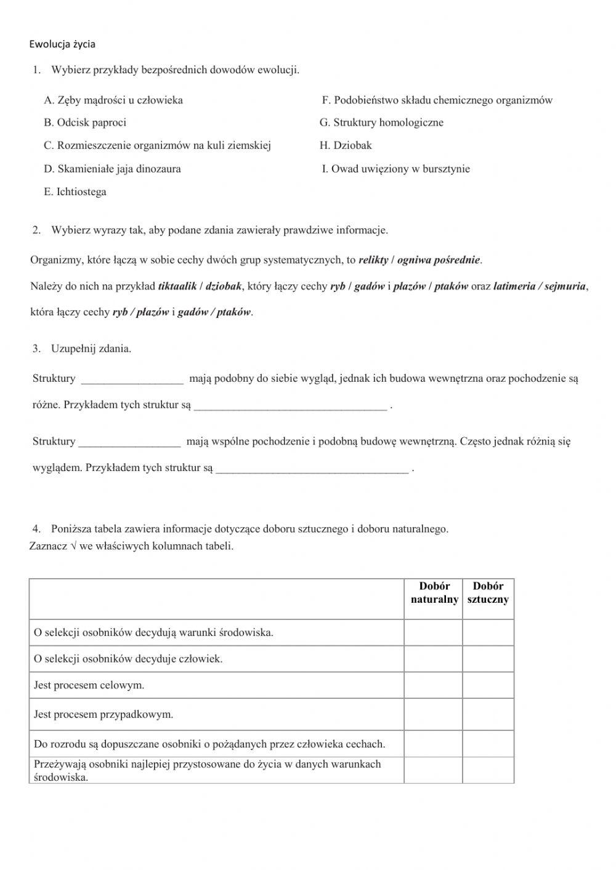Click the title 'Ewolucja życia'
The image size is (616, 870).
pyautogui.click(x=62, y=44)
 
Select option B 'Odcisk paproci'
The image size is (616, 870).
pyautogui.click(x=85, y=123)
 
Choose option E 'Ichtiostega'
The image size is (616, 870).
pyautogui.click(x=75, y=192)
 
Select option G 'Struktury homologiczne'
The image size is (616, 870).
pyautogui.click(x=381, y=123)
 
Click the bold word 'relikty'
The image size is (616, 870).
pyautogui.click(x=373, y=260)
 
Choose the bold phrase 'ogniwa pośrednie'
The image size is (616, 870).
pyautogui.click(x=438, y=260)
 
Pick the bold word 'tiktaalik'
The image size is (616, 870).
pyautogui.click(x=177, y=286)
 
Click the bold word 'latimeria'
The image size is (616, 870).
pyautogui.click(x=514, y=286)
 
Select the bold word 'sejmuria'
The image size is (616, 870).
pyautogui.click(x=565, y=286)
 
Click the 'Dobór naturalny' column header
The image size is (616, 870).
pyautogui.click(x=434, y=593)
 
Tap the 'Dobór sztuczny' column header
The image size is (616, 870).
pyautogui.click(x=488, y=593)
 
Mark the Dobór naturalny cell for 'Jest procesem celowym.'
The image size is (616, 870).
pyautogui.click(x=433, y=685)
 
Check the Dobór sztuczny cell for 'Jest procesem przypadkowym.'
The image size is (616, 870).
pyautogui.click(x=488, y=714)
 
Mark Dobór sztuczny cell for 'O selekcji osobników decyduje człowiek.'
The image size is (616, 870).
pyautogui.click(x=488, y=659)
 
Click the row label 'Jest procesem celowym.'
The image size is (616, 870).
pyautogui.click(x=89, y=685)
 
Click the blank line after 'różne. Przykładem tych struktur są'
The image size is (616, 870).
pyautogui.click(x=290, y=406)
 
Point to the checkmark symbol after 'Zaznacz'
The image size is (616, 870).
pyautogui.click(x=73, y=546)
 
